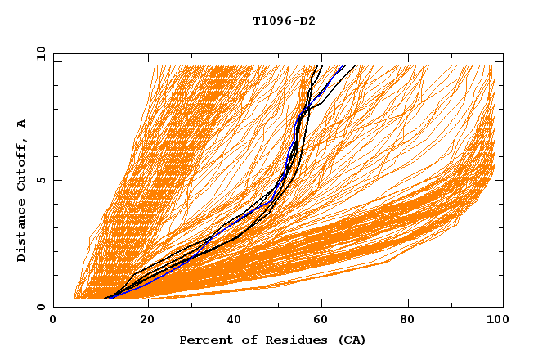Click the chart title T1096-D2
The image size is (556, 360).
tap(284, 20)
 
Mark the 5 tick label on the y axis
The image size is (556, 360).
tap(38, 180)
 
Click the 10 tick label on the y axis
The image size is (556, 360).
tap(38, 53)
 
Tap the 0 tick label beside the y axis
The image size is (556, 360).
tap(38, 307)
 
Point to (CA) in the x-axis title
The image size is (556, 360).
tap(350, 340)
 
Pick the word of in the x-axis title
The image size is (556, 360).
tap(242, 340)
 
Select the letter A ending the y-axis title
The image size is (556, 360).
tap(21, 124)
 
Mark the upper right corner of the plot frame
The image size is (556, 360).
tap(503, 53)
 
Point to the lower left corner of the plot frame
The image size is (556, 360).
tap(53, 307)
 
